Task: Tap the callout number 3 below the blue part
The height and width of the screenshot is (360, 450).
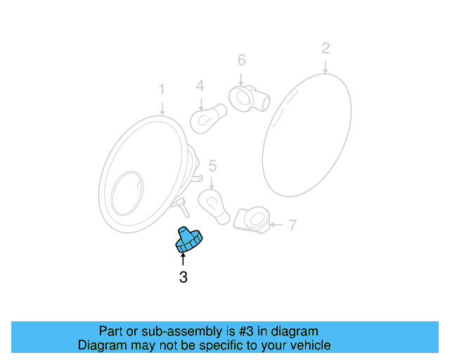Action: [184, 277]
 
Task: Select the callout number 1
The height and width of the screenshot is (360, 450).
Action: [162, 89]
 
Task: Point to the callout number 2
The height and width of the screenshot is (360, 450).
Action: [325, 49]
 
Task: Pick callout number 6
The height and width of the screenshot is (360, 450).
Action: [241, 60]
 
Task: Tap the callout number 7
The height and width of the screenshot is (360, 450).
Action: [292, 226]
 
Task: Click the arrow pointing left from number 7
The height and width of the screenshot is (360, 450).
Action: [276, 226]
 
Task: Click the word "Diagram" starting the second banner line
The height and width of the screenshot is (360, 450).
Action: [103, 345]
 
